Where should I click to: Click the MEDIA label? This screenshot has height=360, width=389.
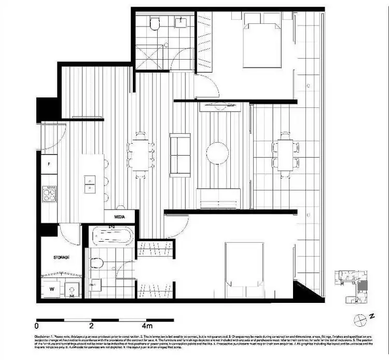pos(119,217)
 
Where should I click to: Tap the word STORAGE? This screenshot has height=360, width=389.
pos(61,257)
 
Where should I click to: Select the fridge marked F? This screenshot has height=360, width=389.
pos(49,164)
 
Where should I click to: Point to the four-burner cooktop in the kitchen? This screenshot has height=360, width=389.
pos(49,194)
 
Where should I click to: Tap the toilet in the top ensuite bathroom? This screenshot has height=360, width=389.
pos(154,25)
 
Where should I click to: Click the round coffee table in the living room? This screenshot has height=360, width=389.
pos(217,154)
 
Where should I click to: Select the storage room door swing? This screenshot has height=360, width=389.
pos(71,234)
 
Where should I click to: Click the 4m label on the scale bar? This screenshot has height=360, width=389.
pos(146,326)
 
